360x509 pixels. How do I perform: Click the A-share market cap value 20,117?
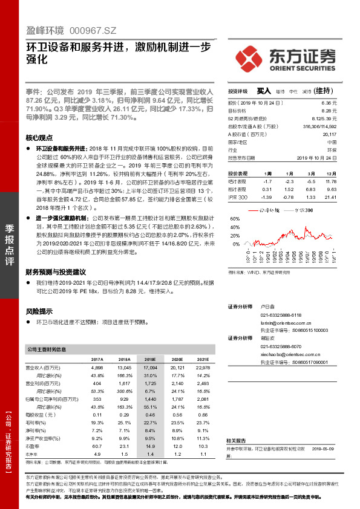click(329, 134)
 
